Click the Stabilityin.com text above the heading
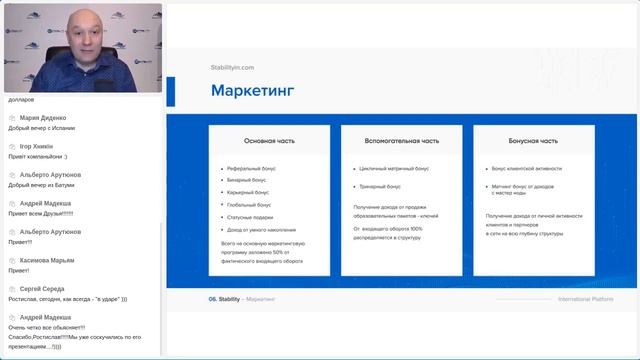tap(232, 67)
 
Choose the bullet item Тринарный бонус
tap(380, 186)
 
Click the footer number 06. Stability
tap(224, 299)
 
